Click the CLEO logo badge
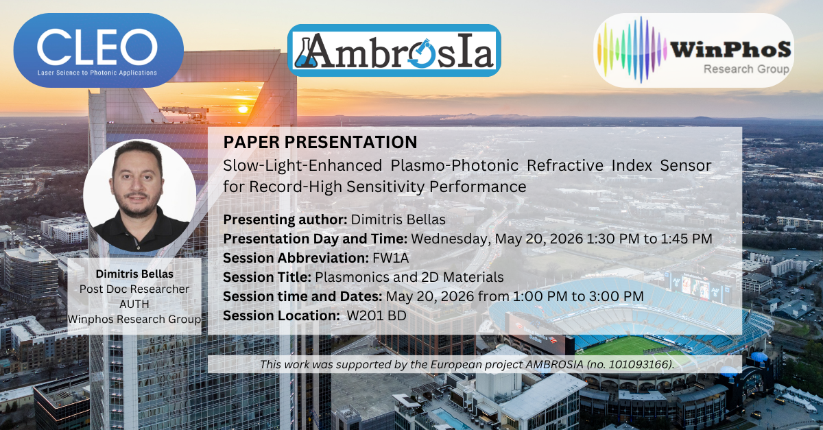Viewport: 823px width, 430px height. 99,50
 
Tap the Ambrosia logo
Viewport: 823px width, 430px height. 394,50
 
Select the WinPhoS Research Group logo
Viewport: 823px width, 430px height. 693,50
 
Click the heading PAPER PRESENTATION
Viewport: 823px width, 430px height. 320,142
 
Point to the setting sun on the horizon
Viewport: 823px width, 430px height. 243,109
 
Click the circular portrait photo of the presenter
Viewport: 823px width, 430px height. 140,195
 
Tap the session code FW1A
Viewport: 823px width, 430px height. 390,258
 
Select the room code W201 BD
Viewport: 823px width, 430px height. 377,315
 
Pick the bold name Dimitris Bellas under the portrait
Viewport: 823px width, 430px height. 134,274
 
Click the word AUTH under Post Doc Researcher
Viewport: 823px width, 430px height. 134,304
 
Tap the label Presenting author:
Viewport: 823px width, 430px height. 285,219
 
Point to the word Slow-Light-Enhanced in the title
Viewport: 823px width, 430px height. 302,166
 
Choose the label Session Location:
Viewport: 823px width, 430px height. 281,315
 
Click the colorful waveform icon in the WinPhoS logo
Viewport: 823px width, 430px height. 632,49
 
